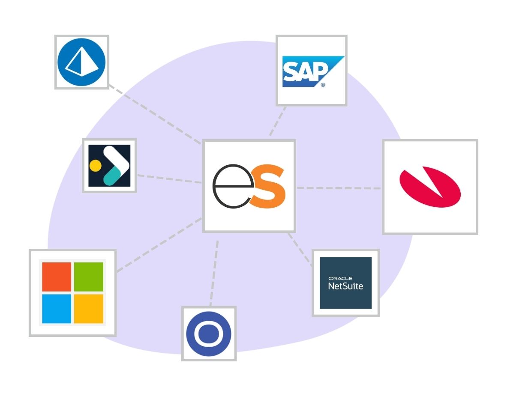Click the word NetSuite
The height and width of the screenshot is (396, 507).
pyautogui.click(x=345, y=286)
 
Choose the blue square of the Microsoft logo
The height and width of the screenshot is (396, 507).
pyautogui.click(x=57, y=309)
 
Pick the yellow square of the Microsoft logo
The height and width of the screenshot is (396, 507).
pyautogui.click(x=89, y=309)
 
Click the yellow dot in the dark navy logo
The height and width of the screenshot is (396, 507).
pyautogui.click(x=95, y=165)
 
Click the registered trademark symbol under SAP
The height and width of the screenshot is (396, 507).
pyautogui.click(x=323, y=85)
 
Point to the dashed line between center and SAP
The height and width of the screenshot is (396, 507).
pyautogui.click(x=277, y=122)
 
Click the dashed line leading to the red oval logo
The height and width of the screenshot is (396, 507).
pyautogui.click(x=339, y=188)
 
